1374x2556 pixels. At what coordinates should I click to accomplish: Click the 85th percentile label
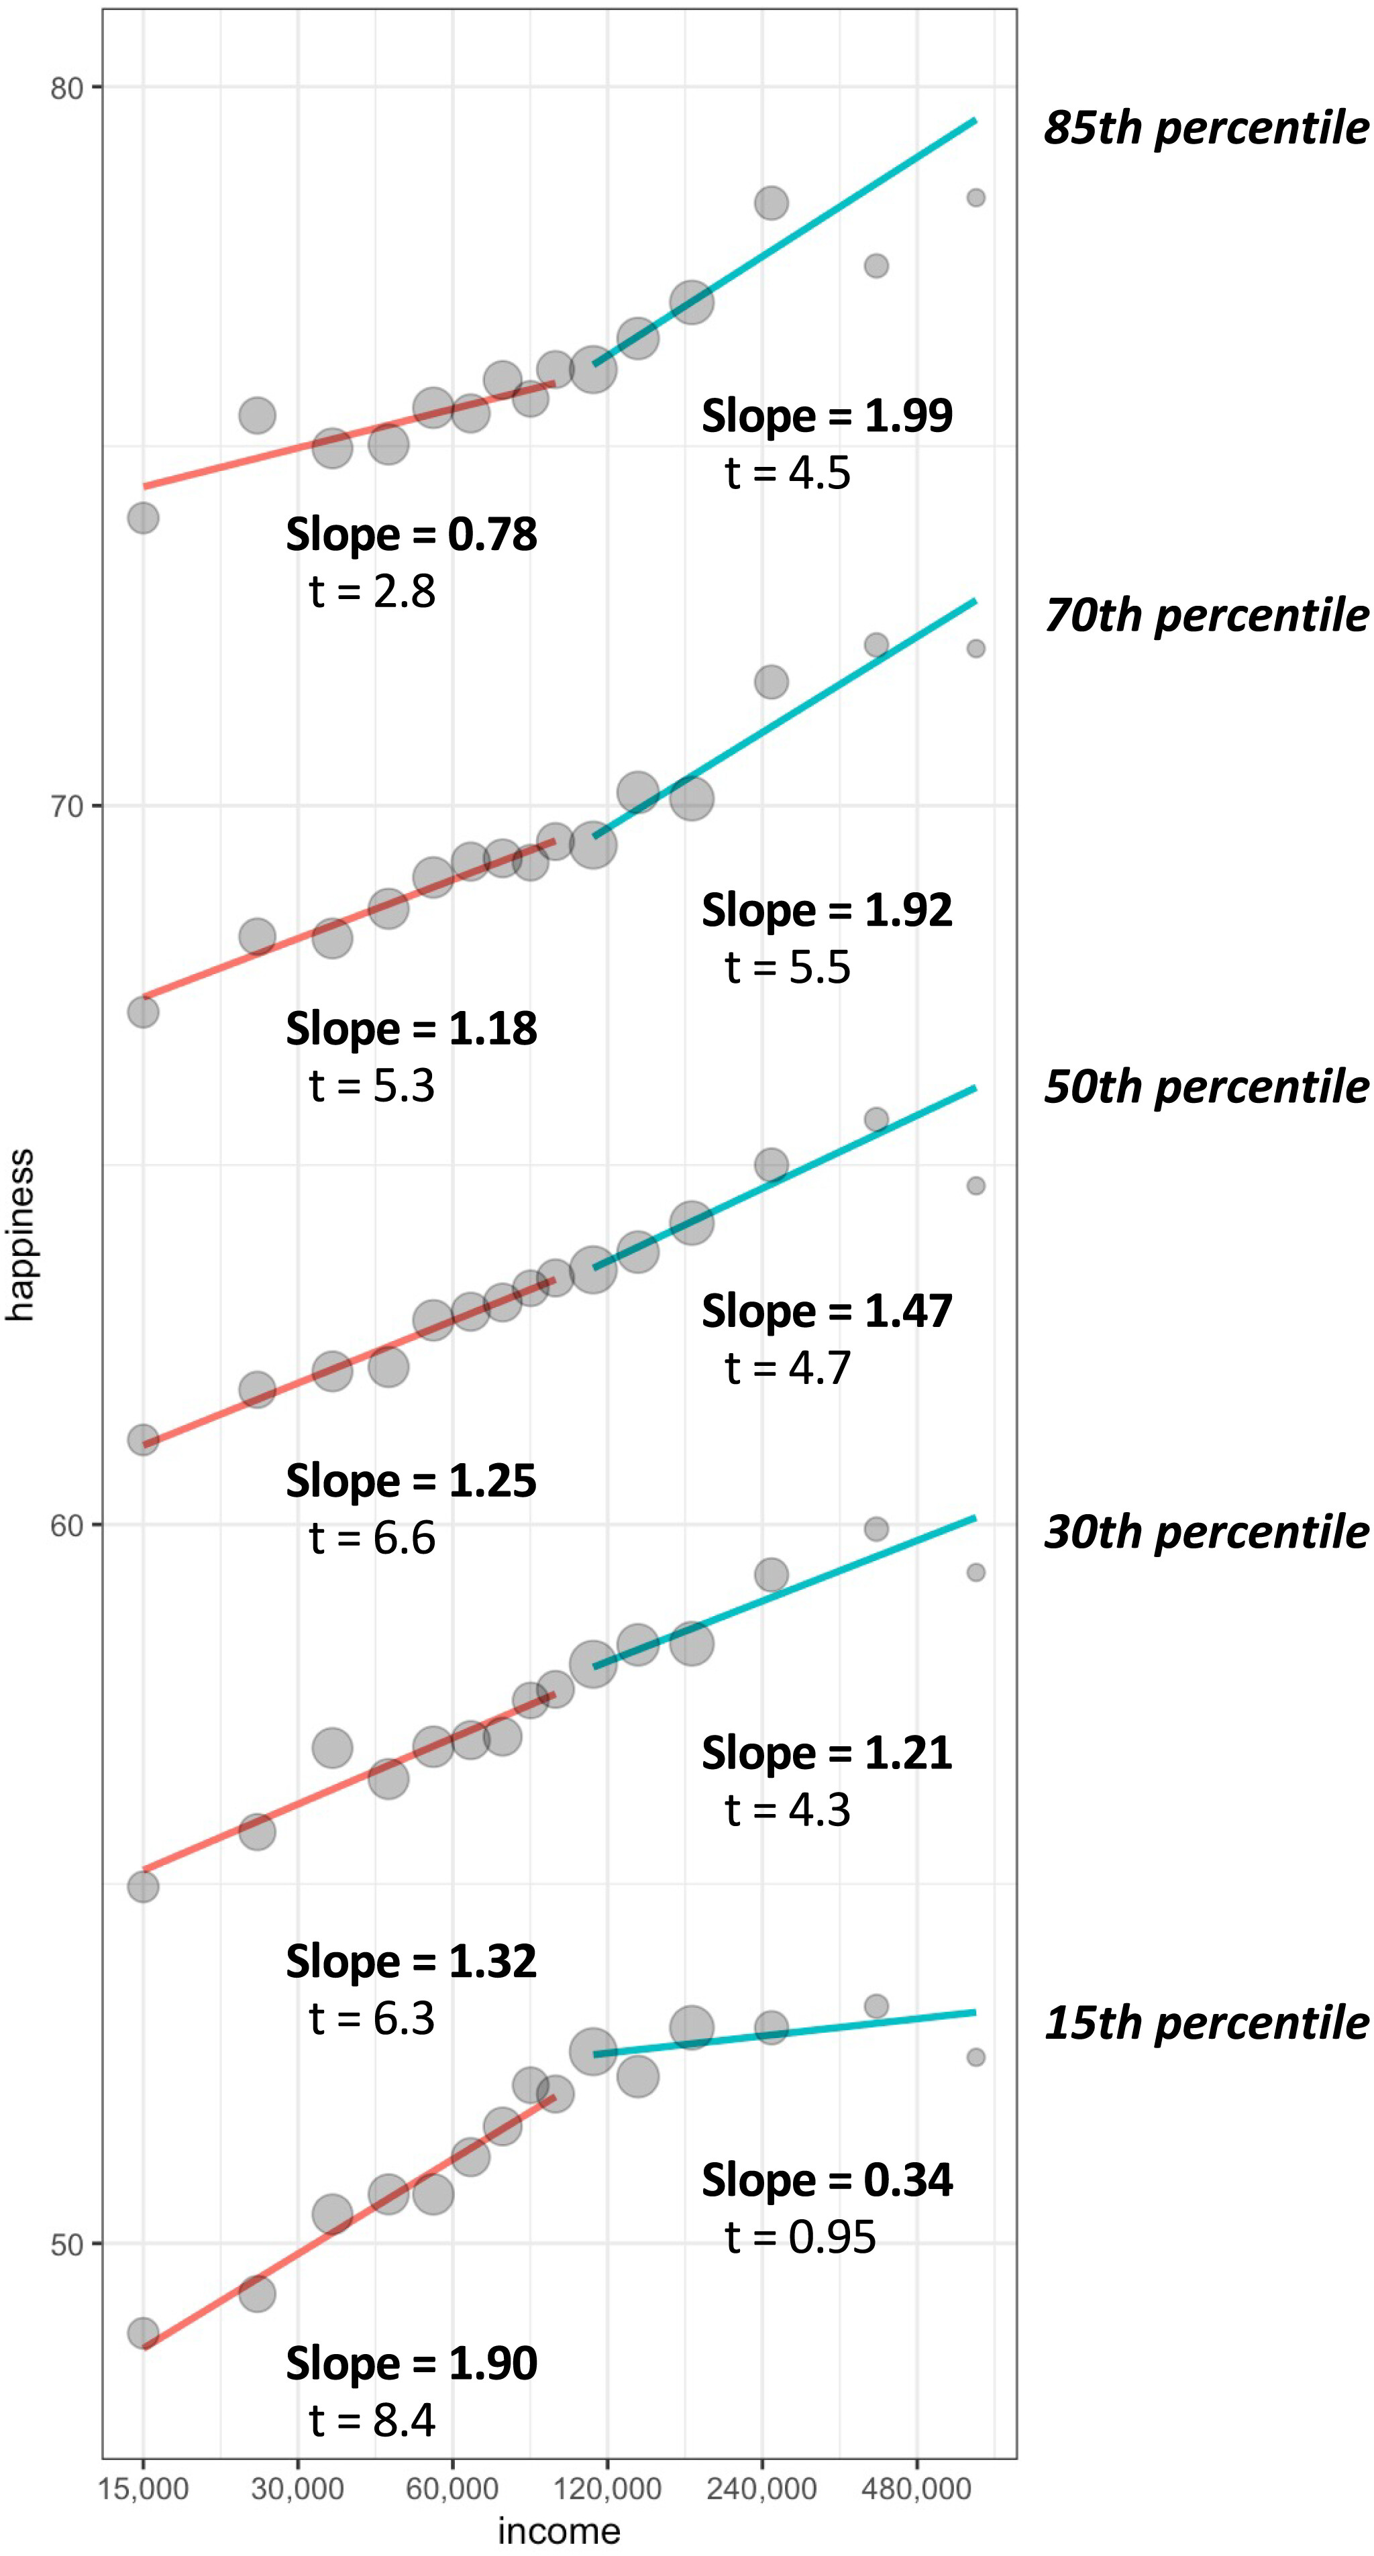click(1206, 128)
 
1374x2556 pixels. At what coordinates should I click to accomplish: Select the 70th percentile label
click(1206, 615)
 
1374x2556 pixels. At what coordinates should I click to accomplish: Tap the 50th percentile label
click(1206, 1087)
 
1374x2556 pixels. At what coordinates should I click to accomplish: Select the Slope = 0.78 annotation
click(411, 534)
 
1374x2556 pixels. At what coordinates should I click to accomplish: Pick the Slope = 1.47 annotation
click(827, 1311)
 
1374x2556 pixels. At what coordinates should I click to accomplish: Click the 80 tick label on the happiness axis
click(66, 89)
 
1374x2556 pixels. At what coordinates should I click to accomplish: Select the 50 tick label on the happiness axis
click(66, 2245)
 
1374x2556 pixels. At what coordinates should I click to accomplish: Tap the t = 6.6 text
click(372, 1538)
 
